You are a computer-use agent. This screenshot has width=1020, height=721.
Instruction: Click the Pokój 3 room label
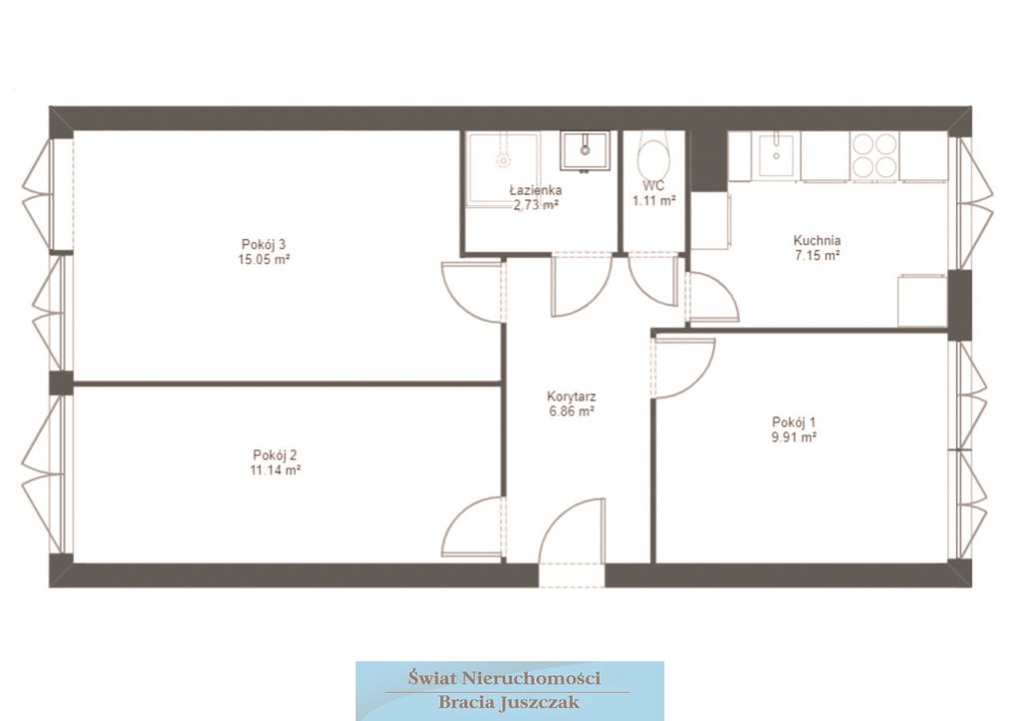click(263, 244)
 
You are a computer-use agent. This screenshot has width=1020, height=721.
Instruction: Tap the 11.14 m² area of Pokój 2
click(275, 469)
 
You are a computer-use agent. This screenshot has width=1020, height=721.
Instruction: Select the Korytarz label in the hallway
click(571, 396)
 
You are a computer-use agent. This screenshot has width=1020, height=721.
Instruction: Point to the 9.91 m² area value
click(794, 437)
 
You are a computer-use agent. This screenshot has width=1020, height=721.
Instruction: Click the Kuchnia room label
click(817, 240)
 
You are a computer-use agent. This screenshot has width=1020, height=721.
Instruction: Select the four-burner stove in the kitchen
click(874, 156)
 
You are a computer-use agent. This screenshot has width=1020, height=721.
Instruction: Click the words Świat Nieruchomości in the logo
click(504, 679)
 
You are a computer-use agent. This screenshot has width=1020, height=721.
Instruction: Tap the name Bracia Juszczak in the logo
click(509, 703)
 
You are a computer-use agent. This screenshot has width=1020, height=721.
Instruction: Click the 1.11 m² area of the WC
click(654, 201)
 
